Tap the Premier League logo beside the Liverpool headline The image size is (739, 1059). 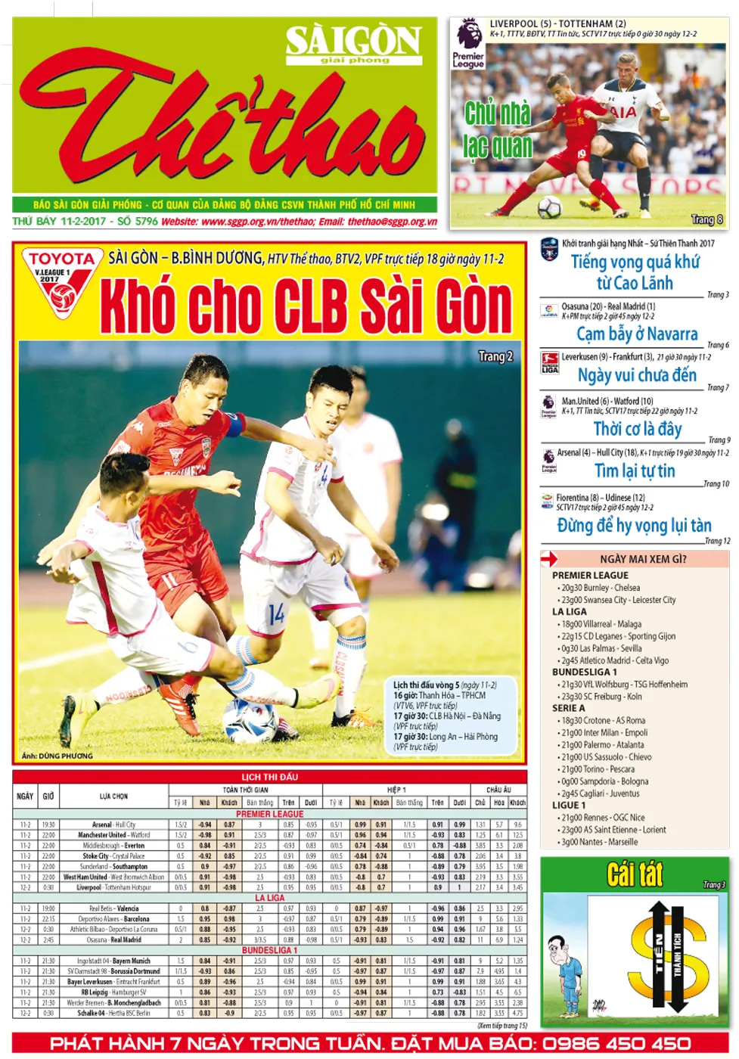pyautogui.click(x=468, y=44)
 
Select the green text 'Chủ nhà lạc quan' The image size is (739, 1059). pyautogui.click(x=498, y=129)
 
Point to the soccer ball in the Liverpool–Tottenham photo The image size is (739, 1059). pyautogui.click(x=549, y=206)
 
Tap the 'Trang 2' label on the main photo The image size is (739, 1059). pyautogui.click(x=495, y=356)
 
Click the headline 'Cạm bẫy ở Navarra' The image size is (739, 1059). pyautogui.click(x=637, y=334)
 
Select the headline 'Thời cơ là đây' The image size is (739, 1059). pyautogui.click(x=637, y=429)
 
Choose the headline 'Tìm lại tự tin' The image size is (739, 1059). pyautogui.click(x=635, y=470)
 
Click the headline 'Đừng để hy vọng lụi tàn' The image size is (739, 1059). pyautogui.click(x=634, y=525)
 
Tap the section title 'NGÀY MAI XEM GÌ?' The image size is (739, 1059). pyautogui.click(x=643, y=559)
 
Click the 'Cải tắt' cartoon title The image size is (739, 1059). pyautogui.click(x=635, y=874)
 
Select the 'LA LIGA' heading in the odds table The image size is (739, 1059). pyautogui.click(x=270, y=898)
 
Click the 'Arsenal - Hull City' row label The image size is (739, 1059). pyautogui.click(x=113, y=825)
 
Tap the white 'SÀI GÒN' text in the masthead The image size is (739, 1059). pyautogui.click(x=353, y=41)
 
